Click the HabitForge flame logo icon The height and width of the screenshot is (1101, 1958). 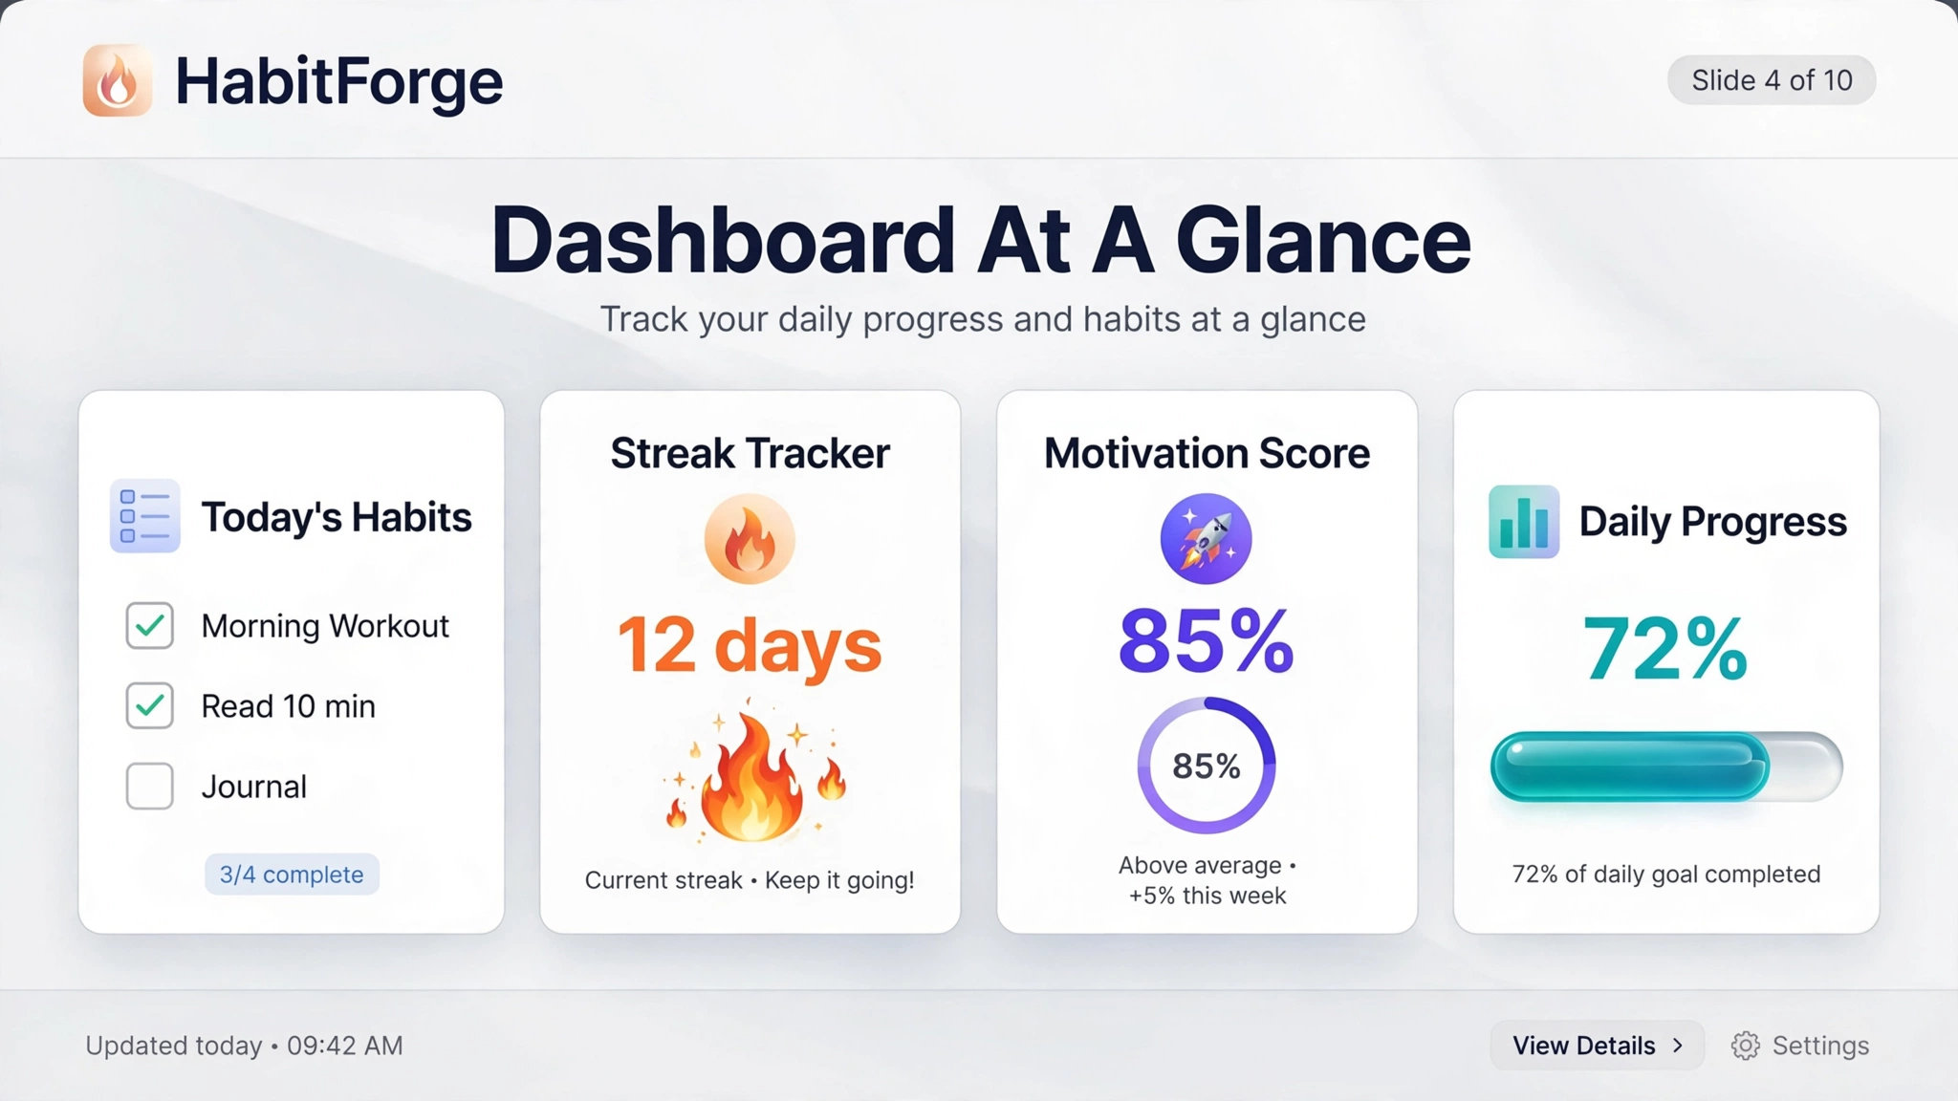(x=118, y=80)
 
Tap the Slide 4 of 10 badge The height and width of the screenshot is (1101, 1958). (x=1772, y=80)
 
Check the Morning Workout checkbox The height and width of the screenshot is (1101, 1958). (x=150, y=626)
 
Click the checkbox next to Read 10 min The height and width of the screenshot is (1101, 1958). (x=150, y=706)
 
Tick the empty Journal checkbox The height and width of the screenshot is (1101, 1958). (x=150, y=787)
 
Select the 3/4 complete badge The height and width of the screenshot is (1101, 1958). (x=292, y=874)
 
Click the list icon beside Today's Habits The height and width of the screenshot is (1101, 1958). (x=145, y=516)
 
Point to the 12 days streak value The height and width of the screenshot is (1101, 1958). (x=750, y=646)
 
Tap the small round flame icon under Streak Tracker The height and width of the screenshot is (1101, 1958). (x=750, y=539)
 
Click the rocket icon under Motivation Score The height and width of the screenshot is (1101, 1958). (x=1207, y=539)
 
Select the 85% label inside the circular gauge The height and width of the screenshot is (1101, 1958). (x=1207, y=766)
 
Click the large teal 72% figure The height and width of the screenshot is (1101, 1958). (x=1665, y=649)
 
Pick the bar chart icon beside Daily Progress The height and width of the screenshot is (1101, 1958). (x=1524, y=522)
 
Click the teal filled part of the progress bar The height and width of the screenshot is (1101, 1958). (x=1630, y=766)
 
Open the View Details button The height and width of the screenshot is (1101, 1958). (x=1598, y=1046)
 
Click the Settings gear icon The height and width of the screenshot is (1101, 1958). (x=1746, y=1046)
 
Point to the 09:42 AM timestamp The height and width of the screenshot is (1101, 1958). (x=345, y=1046)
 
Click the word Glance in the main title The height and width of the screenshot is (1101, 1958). (x=1323, y=240)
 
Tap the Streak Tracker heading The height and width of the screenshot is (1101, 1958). (x=751, y=453)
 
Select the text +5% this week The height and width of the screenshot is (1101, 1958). (x=1207, y=896)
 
